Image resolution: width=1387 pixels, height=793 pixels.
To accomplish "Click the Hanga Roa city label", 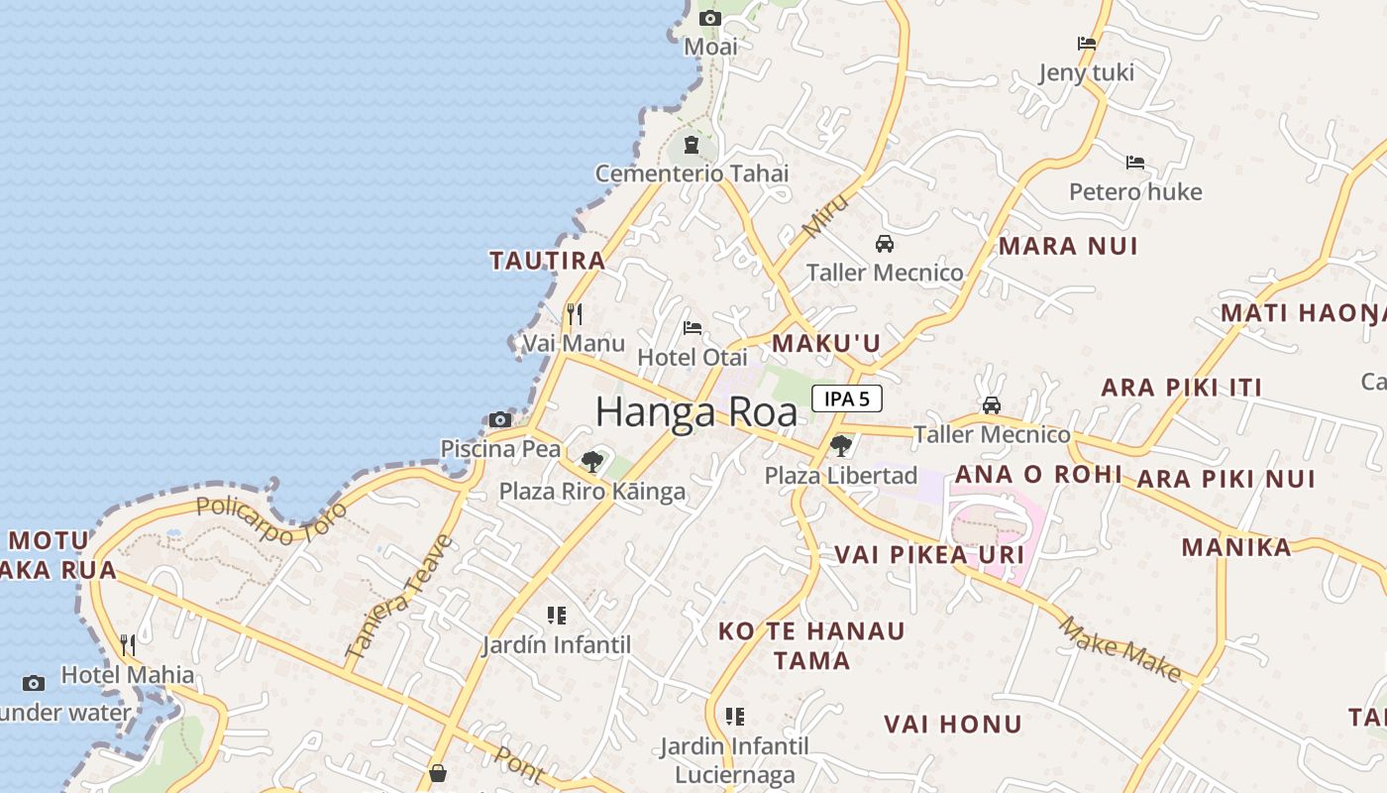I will (x=696, y=411).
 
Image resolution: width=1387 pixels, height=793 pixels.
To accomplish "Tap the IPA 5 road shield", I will (x=847, y=398).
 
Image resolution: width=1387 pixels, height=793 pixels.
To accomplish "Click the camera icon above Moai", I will (x=709, y=18).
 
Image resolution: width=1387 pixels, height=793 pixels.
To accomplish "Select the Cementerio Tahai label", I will (x=692, y=173).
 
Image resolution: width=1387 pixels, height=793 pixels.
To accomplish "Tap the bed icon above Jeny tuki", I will (x=1087, y=44).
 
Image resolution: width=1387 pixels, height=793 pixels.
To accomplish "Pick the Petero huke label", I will (x=1135, y=191).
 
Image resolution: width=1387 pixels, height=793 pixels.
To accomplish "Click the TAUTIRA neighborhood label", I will (x=548, y=261).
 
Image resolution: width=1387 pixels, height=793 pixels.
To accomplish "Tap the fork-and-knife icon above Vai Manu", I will (x=575, y=314).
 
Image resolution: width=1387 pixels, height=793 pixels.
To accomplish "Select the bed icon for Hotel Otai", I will (x=693, y=328).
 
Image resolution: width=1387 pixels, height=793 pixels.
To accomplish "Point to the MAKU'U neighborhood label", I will (x=826, y=343).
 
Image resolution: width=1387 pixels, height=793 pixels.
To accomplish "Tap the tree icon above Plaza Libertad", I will (x=841, y=445).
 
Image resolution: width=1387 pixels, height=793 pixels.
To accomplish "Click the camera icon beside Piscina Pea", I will (x=500, y=420).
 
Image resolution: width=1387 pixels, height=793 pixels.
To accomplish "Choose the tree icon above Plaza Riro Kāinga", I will (x=592, y=461).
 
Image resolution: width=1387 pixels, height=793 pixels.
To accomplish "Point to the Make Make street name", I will (x=1120, y=649).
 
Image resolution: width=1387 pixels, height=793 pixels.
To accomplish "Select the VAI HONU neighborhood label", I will (x=952, y=724).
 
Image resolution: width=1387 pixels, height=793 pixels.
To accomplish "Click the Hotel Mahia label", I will (x=128, y=675).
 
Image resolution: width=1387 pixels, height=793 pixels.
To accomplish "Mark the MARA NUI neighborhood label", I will (x=1068, y=246).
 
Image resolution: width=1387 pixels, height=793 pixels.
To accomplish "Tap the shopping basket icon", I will (x=437, y=773).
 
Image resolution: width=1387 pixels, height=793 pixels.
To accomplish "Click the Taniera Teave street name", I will (x=399, y=598).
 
